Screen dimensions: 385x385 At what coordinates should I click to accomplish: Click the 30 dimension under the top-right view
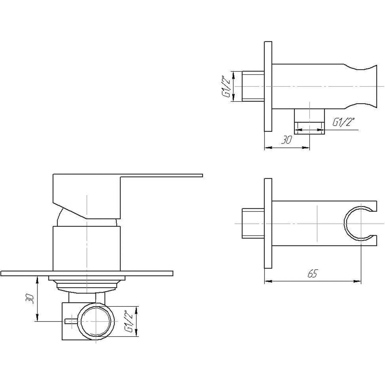(287, 140)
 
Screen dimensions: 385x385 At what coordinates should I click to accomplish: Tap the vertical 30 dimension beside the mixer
(30, 299)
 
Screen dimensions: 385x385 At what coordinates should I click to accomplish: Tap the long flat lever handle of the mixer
(160, 175)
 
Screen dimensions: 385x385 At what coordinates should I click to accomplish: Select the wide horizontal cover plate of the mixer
(87, 273)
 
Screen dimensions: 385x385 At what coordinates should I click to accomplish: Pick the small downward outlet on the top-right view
(309, 121)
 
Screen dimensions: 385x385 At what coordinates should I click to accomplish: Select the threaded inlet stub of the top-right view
(253, 86)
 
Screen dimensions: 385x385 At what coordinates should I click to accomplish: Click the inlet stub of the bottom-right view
(253, 223)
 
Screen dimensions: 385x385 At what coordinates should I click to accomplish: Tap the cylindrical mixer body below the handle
(87, 248)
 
